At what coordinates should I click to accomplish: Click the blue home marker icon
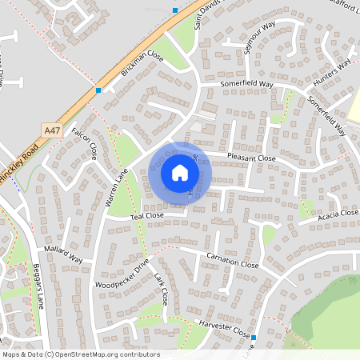180,173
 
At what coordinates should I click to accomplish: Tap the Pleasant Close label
251,158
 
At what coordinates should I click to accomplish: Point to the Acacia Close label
337,214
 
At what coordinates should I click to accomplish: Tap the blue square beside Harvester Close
253,338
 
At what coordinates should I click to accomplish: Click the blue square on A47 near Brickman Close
98,90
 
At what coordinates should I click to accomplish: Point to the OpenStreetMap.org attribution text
104,354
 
